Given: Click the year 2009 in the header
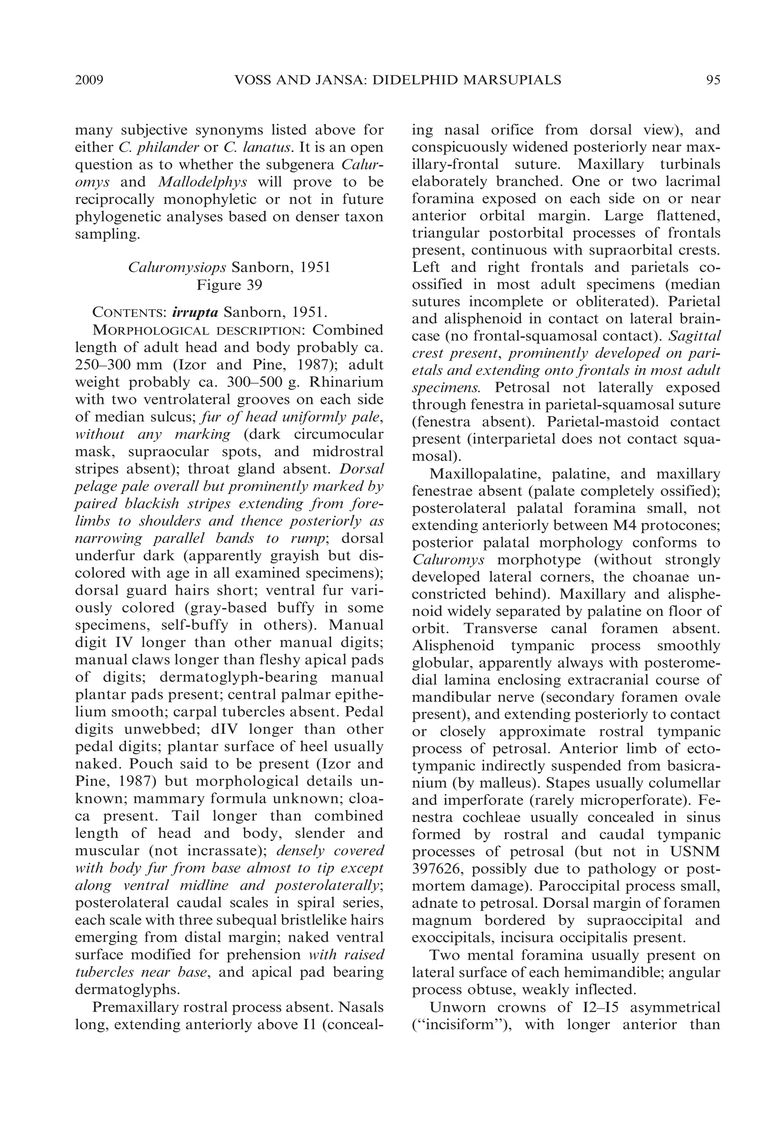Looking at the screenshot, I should pos(90,79).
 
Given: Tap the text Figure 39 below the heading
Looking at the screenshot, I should pos(229,285).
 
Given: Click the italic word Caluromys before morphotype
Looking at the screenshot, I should pos(448,560).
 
